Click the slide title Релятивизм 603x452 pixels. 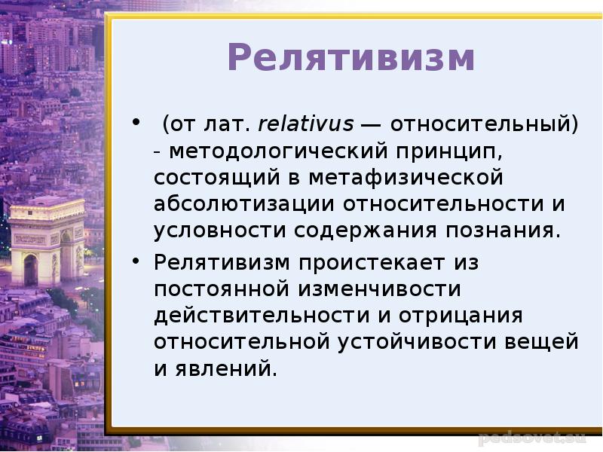(x=351, y=57)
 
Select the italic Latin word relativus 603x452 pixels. (x=306, y=124)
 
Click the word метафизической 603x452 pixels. (x=406, y=178)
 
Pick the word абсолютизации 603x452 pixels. (x=243, y=203)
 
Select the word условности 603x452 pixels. (x=220, y=231)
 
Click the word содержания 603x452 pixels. (x=366, y=231)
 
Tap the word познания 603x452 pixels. (x=502, y=231)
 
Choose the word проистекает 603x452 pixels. (x=372, y=263)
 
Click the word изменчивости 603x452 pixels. (x=379, y=289)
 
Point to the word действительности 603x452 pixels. (x=262, y=316)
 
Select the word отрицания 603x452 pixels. (x=461, y=316)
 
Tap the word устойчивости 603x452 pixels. (x=417, y=341)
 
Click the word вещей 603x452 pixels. (x=541, y=342)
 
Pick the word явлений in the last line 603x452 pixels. (x=227, y=368)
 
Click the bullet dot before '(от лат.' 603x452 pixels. (x=136, y=123)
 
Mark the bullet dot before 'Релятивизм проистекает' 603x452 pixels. (x=136, y=261)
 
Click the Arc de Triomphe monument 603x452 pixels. (x=47, y=241)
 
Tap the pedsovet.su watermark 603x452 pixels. (x=532, y=438)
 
